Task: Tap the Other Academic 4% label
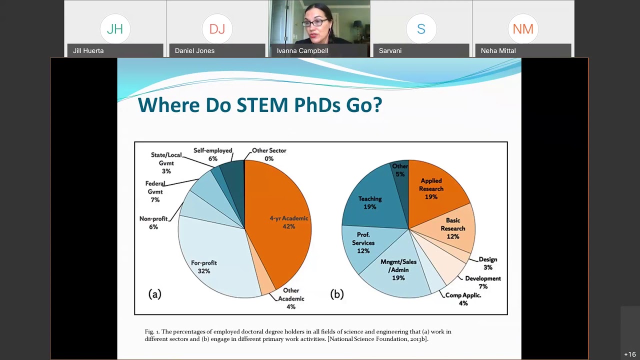[291, 298]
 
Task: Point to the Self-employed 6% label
[213, 154]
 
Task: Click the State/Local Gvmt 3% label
[166, 163]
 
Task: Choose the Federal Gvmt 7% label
[155, 191]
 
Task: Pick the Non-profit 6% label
[153, 222]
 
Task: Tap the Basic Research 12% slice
[452, 227]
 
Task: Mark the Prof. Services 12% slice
[363, 242]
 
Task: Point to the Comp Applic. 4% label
[463, 299]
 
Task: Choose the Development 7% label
[482, 282]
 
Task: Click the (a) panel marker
[154, 294]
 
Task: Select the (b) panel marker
[337, 294]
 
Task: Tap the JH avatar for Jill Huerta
[115, 29]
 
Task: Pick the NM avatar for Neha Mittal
[523, 29]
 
